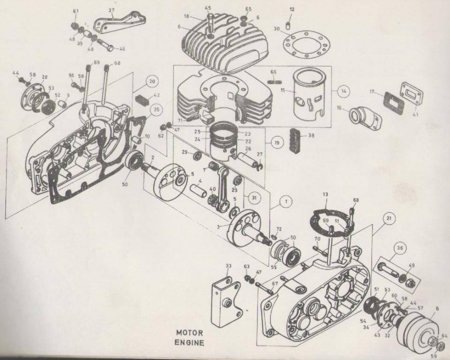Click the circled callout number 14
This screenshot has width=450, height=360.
(x=344, y=91)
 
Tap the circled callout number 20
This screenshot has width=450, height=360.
(x=151, y=81)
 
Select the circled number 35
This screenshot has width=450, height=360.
(x=157, y=110)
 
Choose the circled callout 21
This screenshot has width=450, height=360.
(x=389, y=218)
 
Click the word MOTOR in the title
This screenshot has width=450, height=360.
(x=189, y=333)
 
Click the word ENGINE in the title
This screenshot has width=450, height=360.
(x=189, y=342)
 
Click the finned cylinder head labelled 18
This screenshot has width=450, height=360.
(x=225, y=45)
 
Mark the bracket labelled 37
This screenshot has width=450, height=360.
(x=119, y=22)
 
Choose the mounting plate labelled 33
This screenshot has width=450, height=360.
(x=227, y=302)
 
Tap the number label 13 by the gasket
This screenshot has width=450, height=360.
(x=325, y=194)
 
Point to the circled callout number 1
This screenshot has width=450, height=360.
(x=286, y=202)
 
